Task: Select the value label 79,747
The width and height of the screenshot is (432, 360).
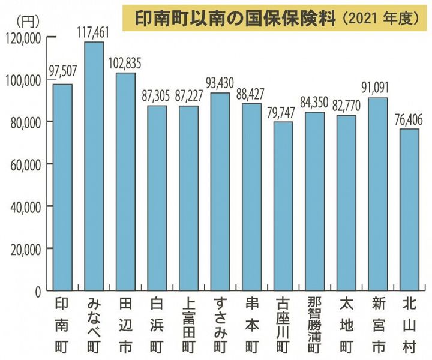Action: point(283,112)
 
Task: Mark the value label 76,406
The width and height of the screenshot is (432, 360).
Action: point(409,119)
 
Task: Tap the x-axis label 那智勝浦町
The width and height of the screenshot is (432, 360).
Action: point(314,323)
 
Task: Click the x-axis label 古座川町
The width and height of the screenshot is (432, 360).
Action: point(283,323)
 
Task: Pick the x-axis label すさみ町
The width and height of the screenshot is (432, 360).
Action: point(220,323)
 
